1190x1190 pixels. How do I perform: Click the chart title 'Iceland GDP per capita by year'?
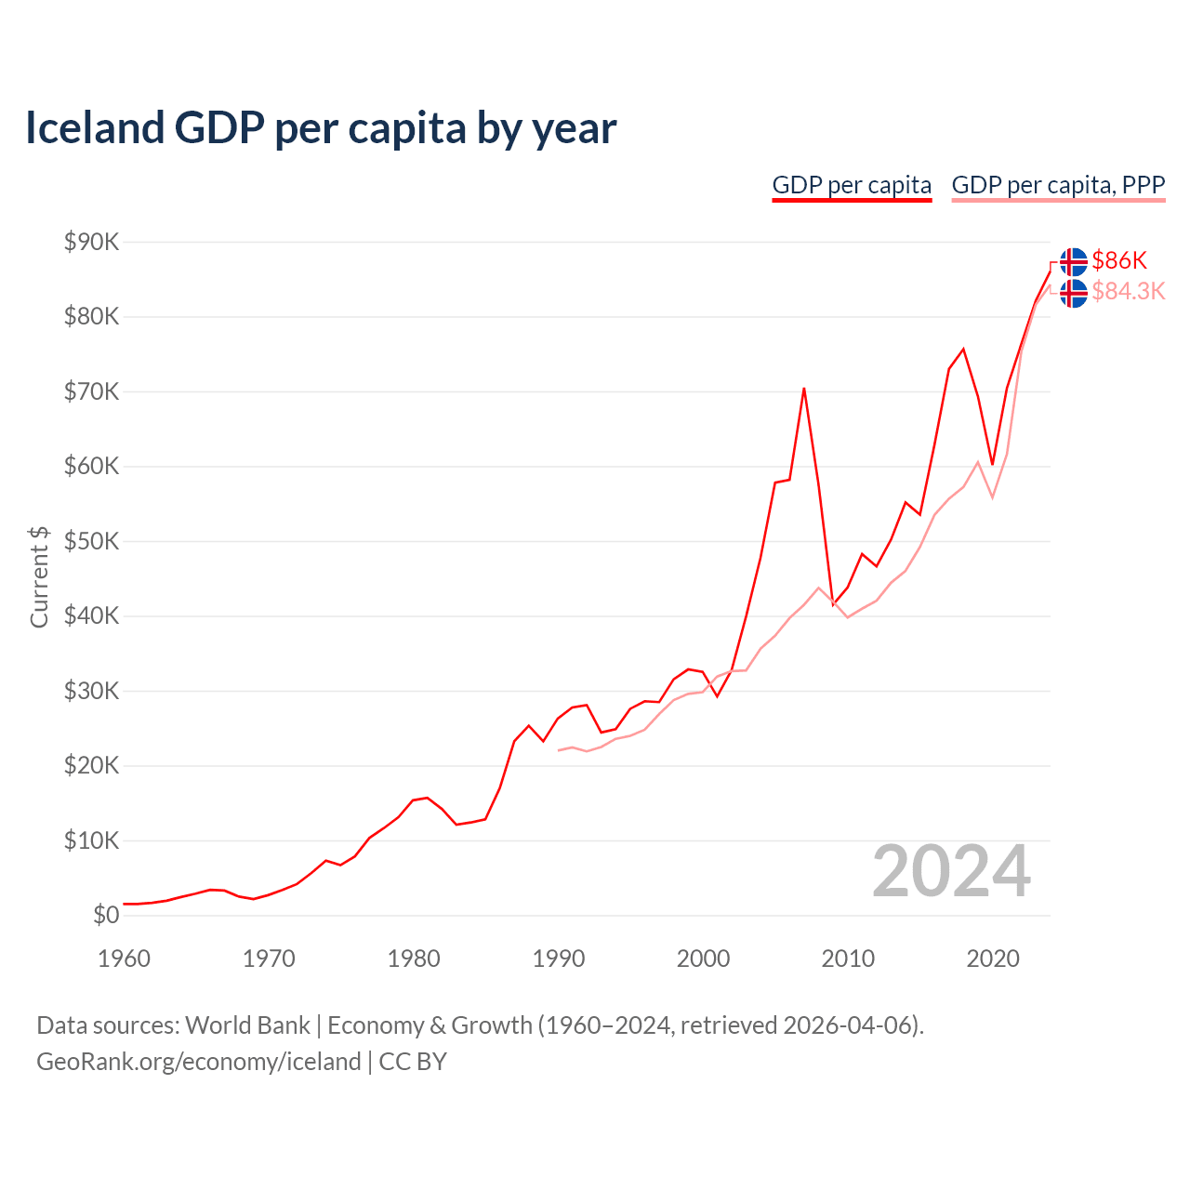tap(321, 128)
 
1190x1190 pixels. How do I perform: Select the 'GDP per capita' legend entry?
tap(852, 185)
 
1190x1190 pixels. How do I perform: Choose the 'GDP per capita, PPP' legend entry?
tap(1058, 185)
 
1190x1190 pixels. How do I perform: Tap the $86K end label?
tap(1119, 260)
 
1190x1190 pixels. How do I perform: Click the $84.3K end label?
tap(1128, 292)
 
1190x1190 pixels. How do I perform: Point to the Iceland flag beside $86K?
tap(1074, 261)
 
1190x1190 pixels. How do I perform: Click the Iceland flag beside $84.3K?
tap(1074, 293)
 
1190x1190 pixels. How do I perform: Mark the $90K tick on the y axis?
tap(92, 243)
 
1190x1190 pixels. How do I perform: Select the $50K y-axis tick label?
tap(92, 542)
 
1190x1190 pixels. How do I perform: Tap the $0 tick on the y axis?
tap(106, 916)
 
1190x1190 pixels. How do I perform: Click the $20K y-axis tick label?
tap(92, 766)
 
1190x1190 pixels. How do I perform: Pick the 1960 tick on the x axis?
tap(124, 959)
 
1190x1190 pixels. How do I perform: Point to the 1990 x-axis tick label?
tap(559, 959)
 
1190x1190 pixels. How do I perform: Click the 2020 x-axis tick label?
tap(993, 959)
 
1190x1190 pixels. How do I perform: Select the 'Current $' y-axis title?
tap(39, 577)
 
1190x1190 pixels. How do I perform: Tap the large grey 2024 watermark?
tap(951, 872)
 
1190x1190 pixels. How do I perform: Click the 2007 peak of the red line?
tap(804, 389)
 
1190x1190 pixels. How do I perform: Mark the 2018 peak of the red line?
tap(963, 350)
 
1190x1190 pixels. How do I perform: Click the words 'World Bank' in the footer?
tap(247, 1025)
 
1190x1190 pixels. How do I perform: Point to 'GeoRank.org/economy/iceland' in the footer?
tap(198, 1062)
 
